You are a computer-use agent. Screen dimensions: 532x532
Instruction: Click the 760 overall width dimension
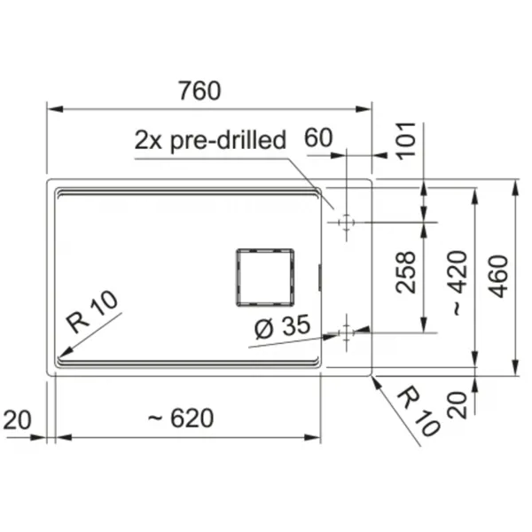point(199,90)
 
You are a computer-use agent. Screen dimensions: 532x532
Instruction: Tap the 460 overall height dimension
point(499,276)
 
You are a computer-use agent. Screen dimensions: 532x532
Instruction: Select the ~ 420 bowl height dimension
point(459,283)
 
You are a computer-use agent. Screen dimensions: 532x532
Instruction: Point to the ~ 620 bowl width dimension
point(181,418)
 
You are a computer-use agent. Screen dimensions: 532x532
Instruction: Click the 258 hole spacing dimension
point(405,272)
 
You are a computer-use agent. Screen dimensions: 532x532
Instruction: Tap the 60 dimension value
point(318,137)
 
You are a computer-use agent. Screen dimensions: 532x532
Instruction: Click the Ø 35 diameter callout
point(282,326)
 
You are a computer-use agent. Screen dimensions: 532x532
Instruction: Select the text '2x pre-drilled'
point(210,140)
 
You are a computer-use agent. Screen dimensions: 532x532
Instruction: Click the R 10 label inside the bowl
point(92,312)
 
